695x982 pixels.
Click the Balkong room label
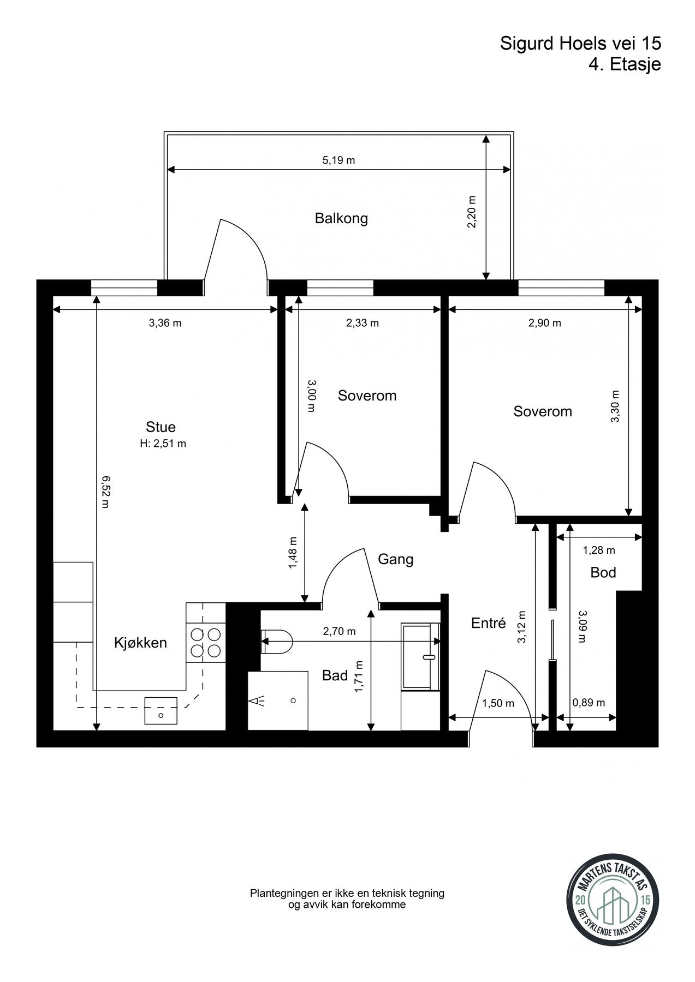(x=341, y=219)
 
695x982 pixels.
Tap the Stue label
(x=161, y=427)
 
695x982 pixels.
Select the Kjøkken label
(x=140, y=643)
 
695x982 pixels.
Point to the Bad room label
(x=335, y=675)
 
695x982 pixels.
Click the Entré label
(x=489, y=622)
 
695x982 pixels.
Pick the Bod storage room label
(x=603, y=572)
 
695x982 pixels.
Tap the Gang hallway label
(x=396, y=559)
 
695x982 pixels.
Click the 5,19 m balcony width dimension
(x=338, y=160)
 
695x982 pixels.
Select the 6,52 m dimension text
(x=105, y=492)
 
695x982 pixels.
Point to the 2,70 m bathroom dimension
(x=339, y=631)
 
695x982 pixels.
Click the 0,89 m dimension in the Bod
(x=589, y=703)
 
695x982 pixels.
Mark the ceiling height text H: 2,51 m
(x=163, y=444)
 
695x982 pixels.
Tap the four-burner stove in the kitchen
(x=205, y=642)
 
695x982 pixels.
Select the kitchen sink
(x=161, y=710)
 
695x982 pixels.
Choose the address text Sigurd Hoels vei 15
(x=580, y=44)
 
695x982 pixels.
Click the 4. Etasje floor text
(x=625, y=64)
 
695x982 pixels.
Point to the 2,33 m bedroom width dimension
(x=363, y=323)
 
